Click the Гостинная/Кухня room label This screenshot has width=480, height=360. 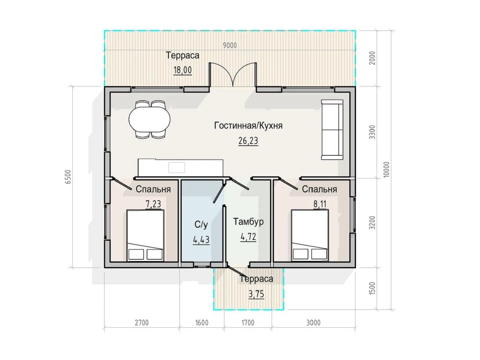click(248, 126)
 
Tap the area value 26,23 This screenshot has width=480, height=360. click(248, 141)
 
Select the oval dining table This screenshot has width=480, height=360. click(150, 120)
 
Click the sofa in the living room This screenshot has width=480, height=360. click(332, 130)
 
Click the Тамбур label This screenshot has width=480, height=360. click(248, 222)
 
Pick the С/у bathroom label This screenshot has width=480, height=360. click(201, 224)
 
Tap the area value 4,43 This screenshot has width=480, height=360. click(201, 240)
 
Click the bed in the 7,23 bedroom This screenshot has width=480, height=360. click(145, 235)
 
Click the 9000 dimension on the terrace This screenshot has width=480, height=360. click(230, 45)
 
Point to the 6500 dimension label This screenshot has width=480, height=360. click(68, 177)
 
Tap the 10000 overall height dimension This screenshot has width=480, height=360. click(386, 170)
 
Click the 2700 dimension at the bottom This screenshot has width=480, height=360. click(142, 323)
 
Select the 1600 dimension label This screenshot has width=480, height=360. click(202, 323)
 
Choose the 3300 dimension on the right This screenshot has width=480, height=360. click(372, 132)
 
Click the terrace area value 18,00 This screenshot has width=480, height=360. click(183, 70)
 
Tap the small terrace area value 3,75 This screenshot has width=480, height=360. click(256, 294)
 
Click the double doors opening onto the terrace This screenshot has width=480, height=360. click(233, 74)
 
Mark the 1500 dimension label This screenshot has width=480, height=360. click(372, 288)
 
